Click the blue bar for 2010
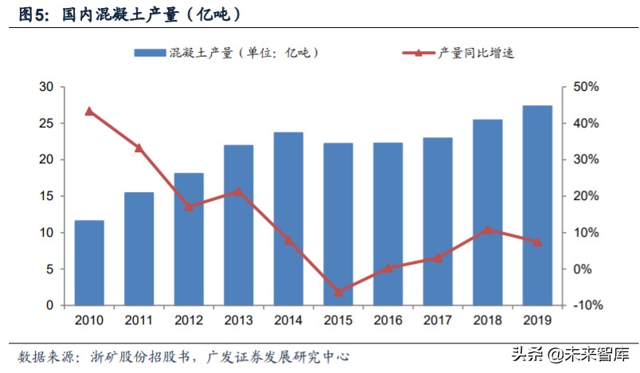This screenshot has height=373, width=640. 89,262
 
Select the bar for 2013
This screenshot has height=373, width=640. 238,225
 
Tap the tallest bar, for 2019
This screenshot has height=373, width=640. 537,205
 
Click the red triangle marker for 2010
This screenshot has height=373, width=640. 89,112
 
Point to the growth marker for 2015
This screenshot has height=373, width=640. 338,293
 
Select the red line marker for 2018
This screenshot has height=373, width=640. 487,230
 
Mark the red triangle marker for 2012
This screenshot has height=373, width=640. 189,206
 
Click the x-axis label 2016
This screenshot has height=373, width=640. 388,320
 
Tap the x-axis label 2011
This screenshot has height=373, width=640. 139,320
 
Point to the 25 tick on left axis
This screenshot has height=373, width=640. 46,124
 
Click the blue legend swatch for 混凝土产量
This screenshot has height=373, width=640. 150,53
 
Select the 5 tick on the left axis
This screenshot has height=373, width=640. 49,269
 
